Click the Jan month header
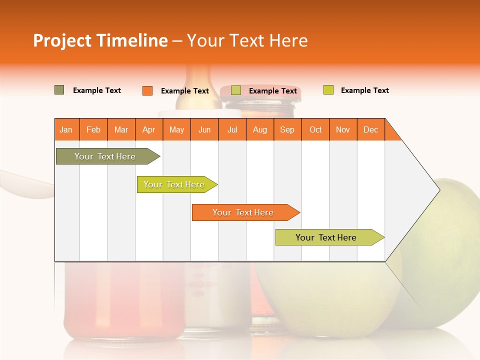tap(66, 129)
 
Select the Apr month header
tap(149, 129)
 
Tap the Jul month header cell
tap(232, 129)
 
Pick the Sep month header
tap(287, 129)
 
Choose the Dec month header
tap(370, 129)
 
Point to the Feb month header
tap(93, 129)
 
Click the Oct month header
tap(315, 129)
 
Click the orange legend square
tap(147, 90)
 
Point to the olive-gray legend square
tap(59, 90)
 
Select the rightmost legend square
tap(328, 90)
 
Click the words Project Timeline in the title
tap(100, 40)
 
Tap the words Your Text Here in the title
tap(247, 40)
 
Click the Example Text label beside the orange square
tap(185, 91)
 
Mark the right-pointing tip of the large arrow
tap(438, 190)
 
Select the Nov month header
tap(343, 129)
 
